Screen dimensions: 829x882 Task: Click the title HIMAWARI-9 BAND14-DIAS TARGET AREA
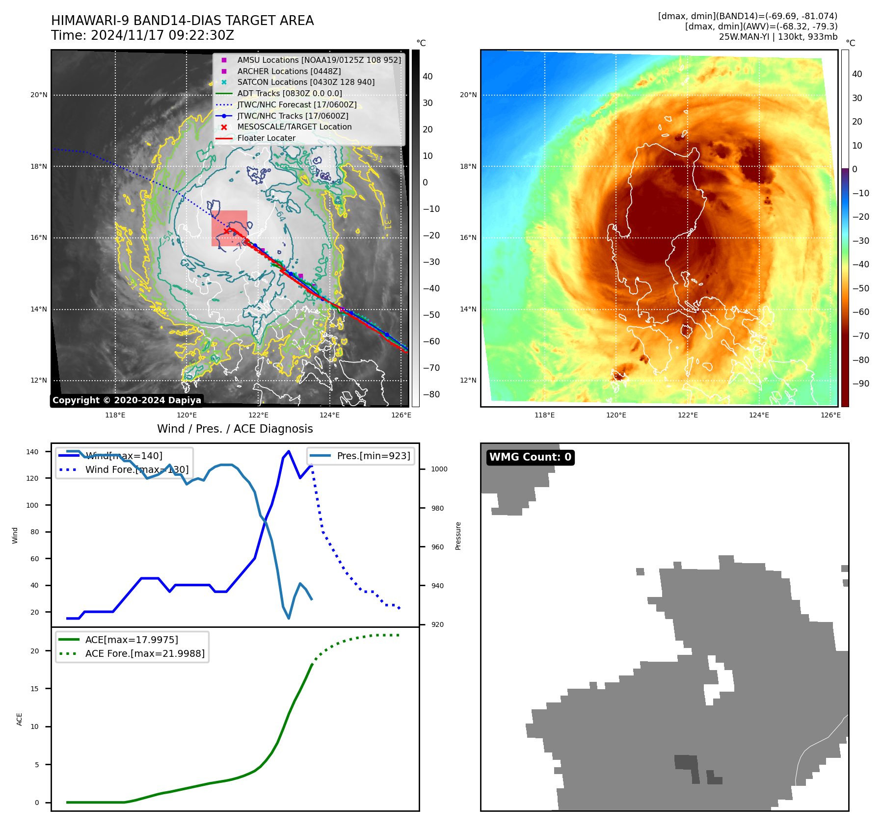(x=182, y=21)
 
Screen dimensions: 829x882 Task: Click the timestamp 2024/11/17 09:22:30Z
(x=162, y=36)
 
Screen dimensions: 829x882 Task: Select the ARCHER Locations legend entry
(x=289, y=71)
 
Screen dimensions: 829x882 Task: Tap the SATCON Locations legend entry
(x=305, y=82)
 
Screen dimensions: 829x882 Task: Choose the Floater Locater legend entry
(x=266, y=138)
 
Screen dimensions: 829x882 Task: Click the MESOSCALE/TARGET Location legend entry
(x=294, y=127)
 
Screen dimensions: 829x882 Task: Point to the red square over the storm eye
(x=229, y=228)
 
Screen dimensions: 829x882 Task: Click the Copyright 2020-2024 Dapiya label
(x=127, y=400)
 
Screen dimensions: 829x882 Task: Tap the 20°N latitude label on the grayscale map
(x=39, y=95)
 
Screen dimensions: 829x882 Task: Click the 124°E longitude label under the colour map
(x=759, y=415)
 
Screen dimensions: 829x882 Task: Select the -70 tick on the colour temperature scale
(x=860, y=336)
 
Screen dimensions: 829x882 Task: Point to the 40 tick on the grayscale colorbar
(x=428, y=77)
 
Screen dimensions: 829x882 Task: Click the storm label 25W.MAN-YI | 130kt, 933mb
(x=778, y=37)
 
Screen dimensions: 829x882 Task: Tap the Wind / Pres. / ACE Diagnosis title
(x=235, y=429)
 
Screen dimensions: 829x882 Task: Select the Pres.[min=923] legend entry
(x=373, y=456)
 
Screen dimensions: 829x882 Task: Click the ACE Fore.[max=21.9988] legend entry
(x=144, y=653)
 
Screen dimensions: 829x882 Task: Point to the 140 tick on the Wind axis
(x=32, y=452)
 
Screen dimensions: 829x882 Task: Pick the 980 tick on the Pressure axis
(x=437, y=508)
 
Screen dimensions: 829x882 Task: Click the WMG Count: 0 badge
(x=530, y=457)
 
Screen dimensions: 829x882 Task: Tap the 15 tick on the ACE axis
(x=34, y=689)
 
